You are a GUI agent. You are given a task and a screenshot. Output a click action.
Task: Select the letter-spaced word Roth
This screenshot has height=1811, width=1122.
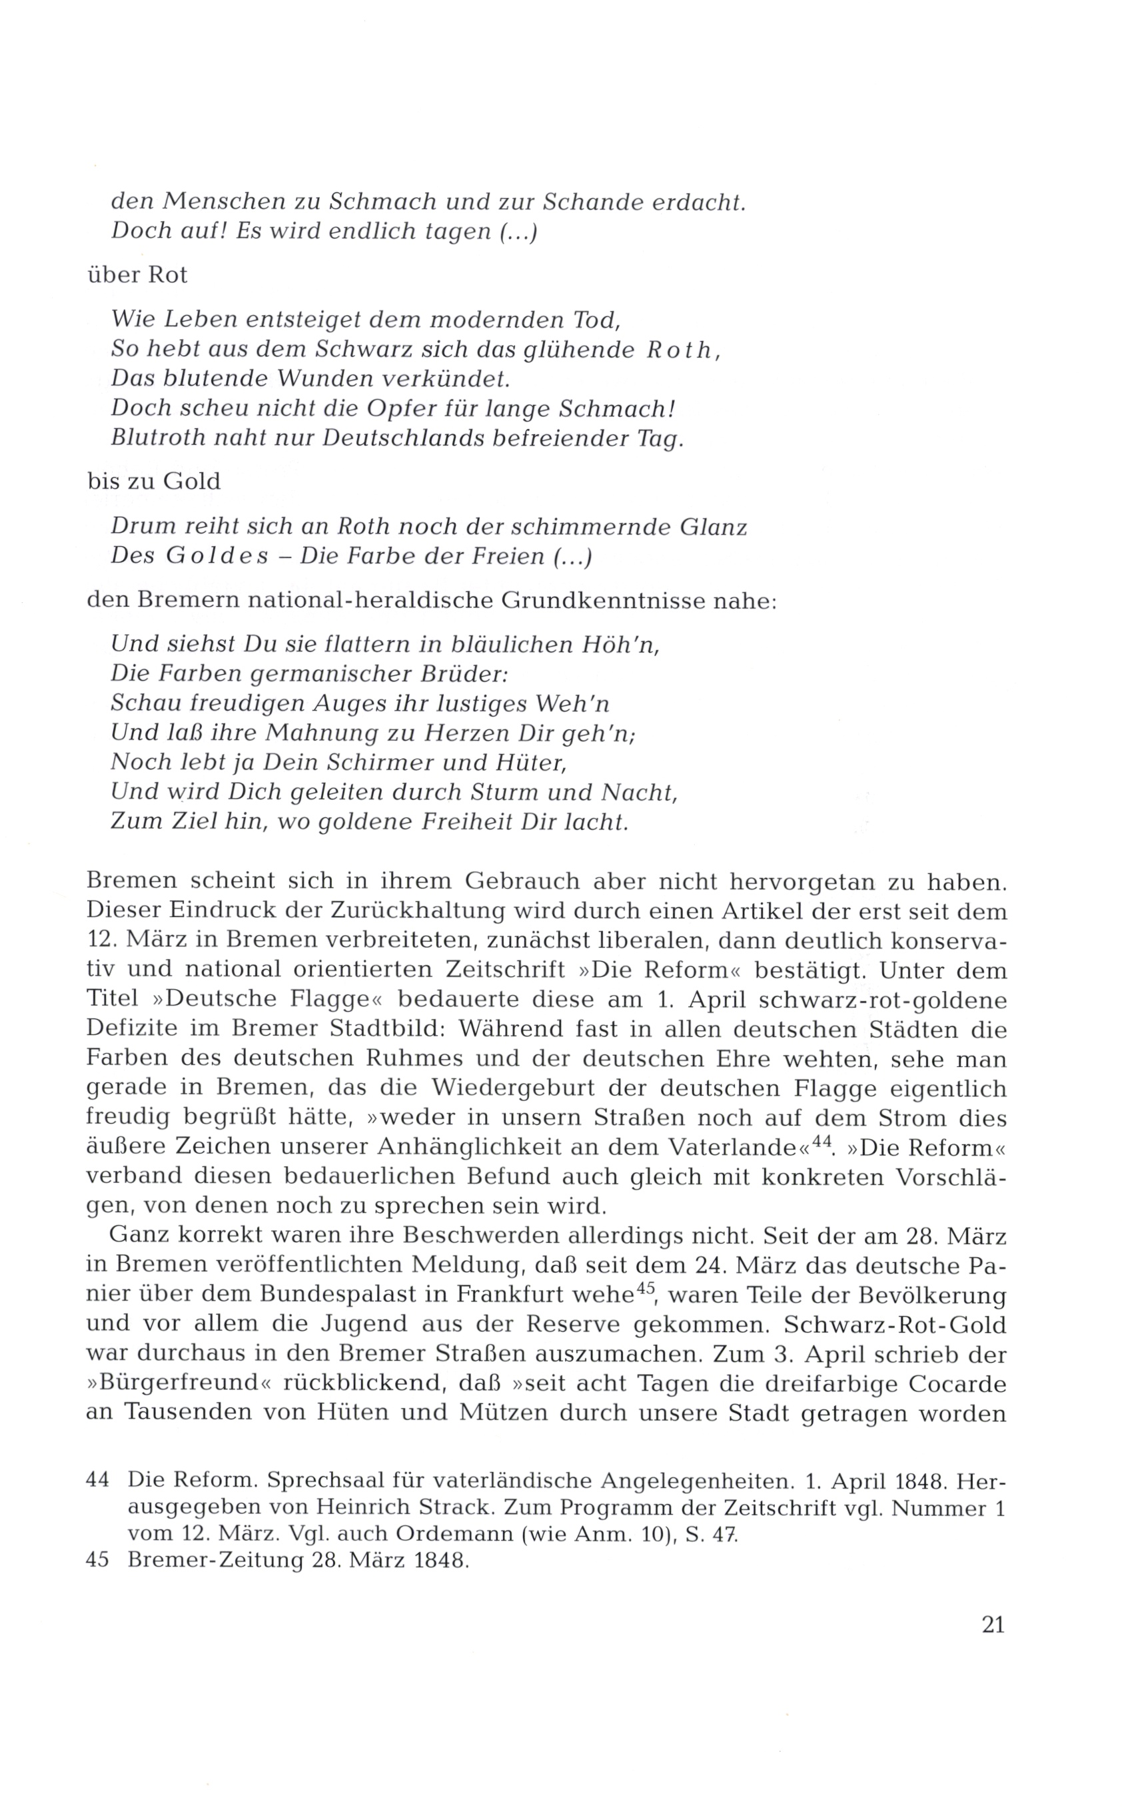click(x=678, y=350)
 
